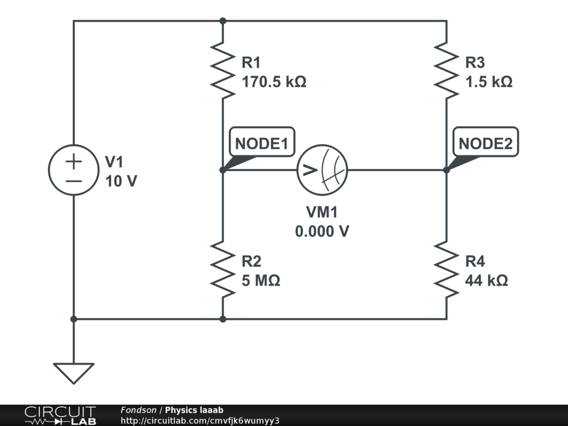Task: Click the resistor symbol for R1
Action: [x=223, y=70]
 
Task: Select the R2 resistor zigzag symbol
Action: [x=223, y=269]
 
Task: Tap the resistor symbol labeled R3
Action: [x=447, y=70]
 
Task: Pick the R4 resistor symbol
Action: [x=447, y=269]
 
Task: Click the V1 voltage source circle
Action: [x=74, y=170]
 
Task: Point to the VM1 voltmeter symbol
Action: [x=322, y=170]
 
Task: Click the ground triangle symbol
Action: [x=74, y=373]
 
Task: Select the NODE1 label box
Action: [x=262, y=141]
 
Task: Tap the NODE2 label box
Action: [x=485, y=141]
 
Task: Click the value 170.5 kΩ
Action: [x=274, y=82]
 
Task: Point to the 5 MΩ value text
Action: [x=261, y=280]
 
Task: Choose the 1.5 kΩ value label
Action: [x=489, y=82]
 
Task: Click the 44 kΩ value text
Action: [x=486, y=280]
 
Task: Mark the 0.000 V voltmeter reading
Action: [x=322, y=231]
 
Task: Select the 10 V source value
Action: [x=121, y=181]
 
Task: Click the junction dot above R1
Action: [x=223, y=21]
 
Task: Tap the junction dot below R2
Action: [x=223, y=319]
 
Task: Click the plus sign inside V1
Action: [x=74, y=161]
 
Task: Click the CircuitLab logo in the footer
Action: [x=60, y=415]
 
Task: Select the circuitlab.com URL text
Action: [x=200, y=420]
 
